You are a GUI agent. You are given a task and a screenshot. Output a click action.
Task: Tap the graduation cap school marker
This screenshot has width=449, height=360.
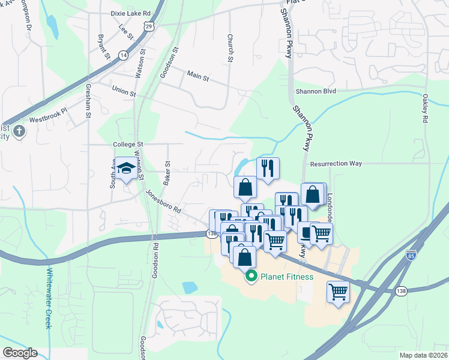pos(126,169)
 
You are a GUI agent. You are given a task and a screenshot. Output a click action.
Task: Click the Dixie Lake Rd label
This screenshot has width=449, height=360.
pos(130,13)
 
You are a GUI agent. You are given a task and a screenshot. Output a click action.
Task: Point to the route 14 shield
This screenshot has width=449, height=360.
pos(124,55)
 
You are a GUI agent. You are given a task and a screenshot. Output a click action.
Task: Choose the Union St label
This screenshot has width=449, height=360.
pos(124,91)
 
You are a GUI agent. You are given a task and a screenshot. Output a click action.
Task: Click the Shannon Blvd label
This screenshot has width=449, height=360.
pos(315,91)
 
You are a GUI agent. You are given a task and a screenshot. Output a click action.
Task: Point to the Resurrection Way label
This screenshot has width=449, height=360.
pos(336,163)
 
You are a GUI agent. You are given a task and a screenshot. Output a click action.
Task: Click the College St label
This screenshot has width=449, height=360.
pos(128,145)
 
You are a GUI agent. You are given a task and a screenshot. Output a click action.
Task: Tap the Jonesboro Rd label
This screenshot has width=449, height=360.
pos(163,202)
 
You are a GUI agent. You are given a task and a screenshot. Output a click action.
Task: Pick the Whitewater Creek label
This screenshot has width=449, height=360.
pos(49,298)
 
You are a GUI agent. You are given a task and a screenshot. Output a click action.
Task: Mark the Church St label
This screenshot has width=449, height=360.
pos(230,47)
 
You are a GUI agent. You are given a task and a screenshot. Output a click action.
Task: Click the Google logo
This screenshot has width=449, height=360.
pos(20,353)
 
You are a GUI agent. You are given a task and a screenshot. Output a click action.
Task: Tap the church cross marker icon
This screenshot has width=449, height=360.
pos(19,131)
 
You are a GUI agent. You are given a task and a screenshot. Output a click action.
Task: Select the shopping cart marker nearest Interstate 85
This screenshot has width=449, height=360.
pos(339,292)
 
